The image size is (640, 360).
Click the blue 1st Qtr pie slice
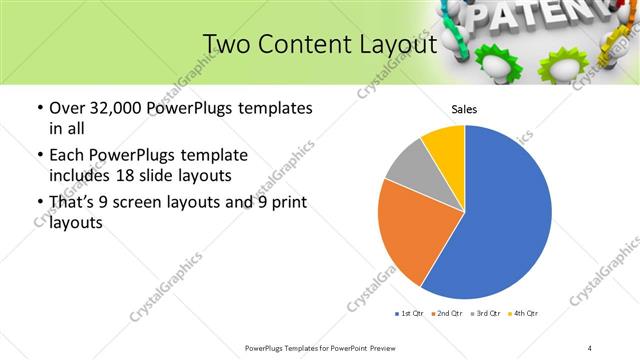505,220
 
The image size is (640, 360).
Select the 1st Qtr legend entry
411,314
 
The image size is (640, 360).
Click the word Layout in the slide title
398,45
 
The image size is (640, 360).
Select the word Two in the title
225,45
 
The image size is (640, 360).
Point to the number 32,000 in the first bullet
113,108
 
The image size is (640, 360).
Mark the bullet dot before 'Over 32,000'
39,108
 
